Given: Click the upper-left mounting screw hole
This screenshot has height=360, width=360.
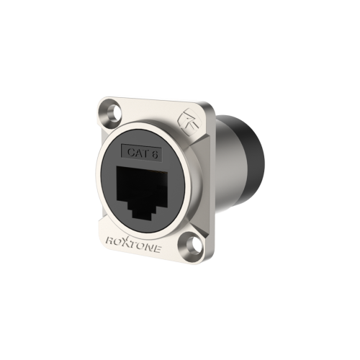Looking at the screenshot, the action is (x=114, y=111).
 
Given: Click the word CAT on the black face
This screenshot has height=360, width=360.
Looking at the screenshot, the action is (x=137, y=153).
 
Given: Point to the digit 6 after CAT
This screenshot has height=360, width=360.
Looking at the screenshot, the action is (x=155, y=154).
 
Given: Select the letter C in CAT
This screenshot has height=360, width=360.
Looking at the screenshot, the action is (x=130, y=152).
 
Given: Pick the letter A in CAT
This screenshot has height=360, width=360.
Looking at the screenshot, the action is (x=137, y=153).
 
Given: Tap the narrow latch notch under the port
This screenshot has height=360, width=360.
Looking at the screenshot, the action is (x=142, y=213).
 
